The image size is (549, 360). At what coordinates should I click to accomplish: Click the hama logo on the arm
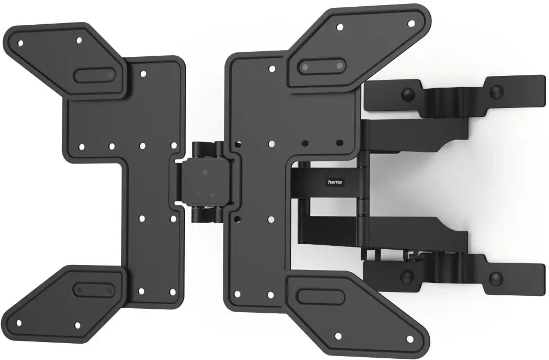335,182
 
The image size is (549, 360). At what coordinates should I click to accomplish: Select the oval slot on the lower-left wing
94,290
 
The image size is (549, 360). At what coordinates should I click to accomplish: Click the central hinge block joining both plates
205,181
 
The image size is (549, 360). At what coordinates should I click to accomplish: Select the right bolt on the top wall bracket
496,92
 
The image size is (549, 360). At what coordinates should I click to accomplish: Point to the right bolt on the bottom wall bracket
496,278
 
